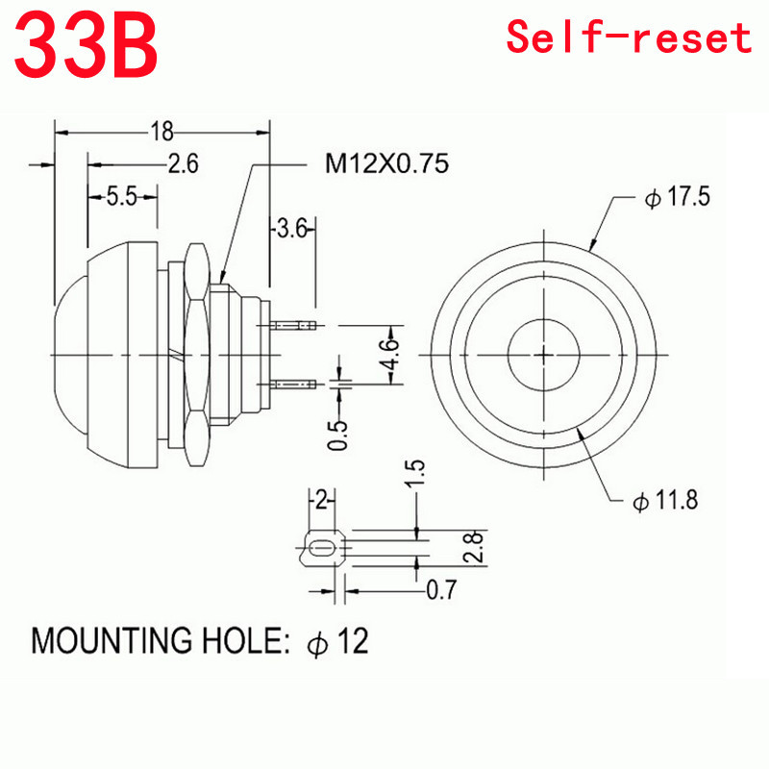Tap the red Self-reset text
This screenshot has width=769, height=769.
pyautogui.click(x=629, y=37)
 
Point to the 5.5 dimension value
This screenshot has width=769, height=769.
pyautogui.click(x=121, y=197)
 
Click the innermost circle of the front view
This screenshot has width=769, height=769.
pyautogui.click(x=544, y=353)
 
